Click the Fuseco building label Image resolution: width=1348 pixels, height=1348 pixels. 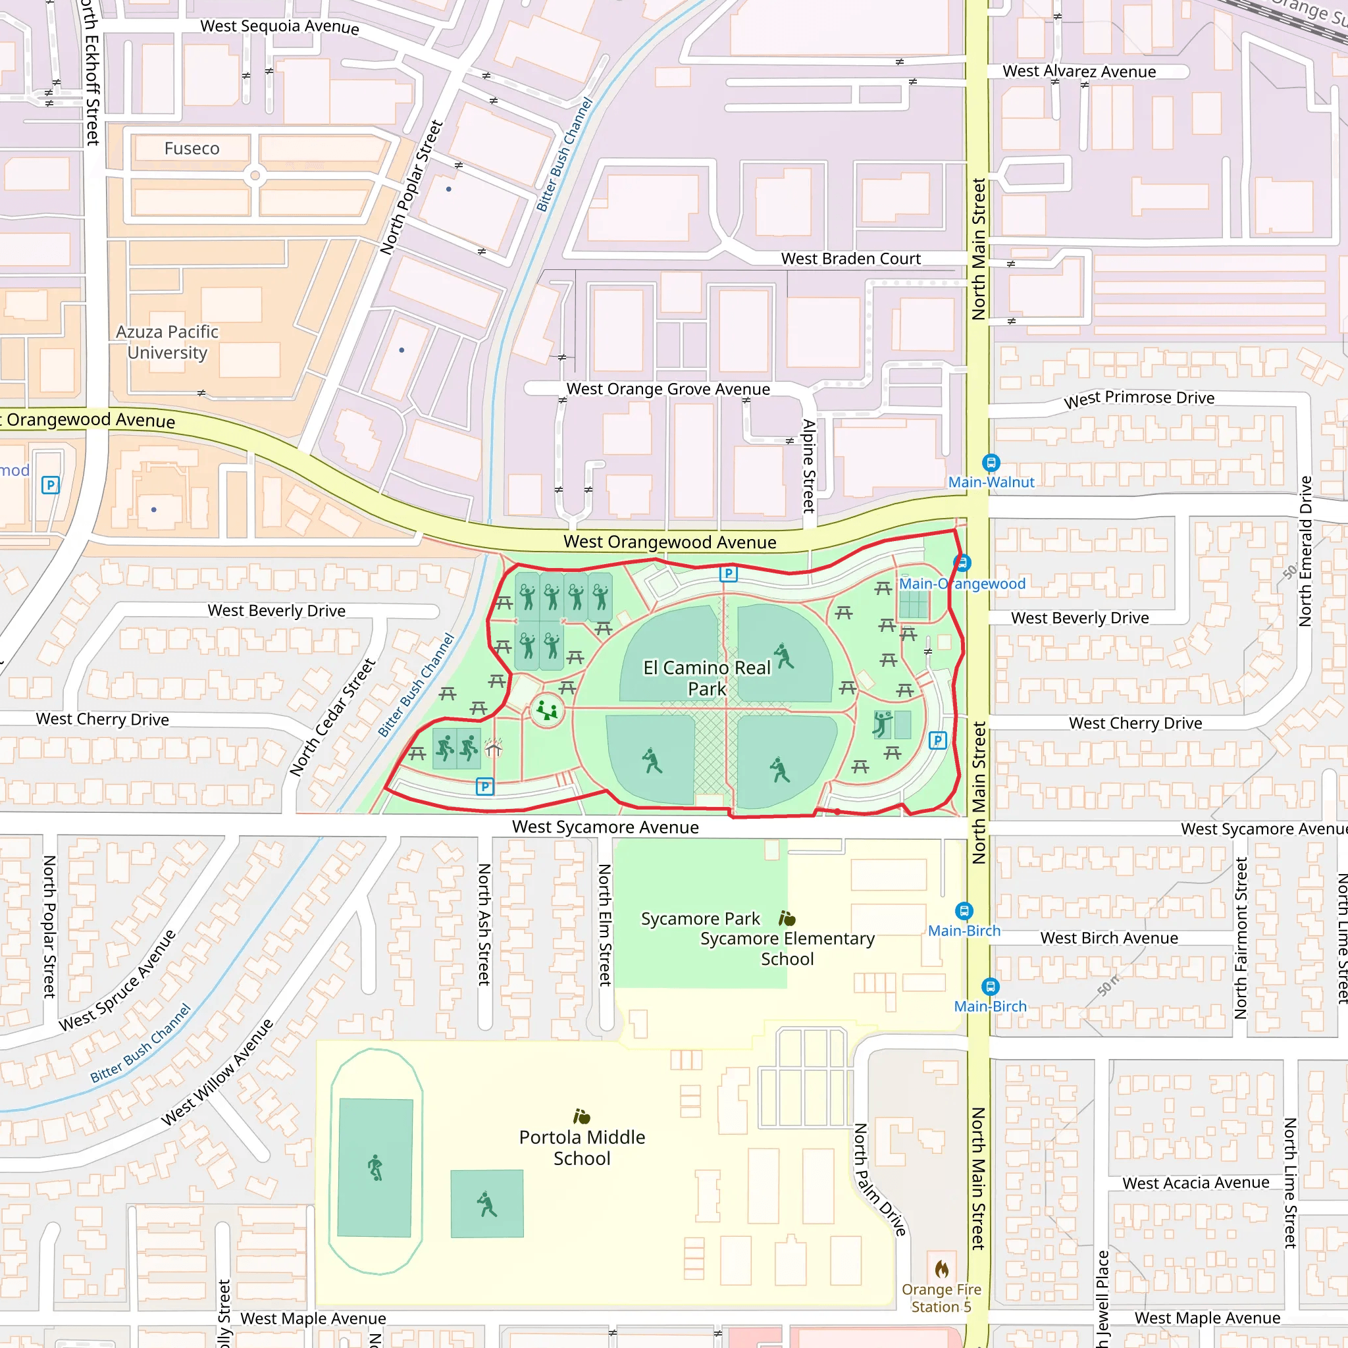(192, 149)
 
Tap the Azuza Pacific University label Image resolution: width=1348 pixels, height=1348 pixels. (167, 342)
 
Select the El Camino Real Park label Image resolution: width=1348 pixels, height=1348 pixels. (706, 678)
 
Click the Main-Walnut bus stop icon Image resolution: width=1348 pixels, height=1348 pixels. (991, 463)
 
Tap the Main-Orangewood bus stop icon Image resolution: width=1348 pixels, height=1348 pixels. (962, 562)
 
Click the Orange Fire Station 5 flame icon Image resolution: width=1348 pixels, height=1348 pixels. (941, 1268)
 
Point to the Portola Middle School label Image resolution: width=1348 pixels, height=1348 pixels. (582, 1148)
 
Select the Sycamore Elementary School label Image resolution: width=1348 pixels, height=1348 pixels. (787, 949)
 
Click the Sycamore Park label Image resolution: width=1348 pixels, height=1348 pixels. (700, 919)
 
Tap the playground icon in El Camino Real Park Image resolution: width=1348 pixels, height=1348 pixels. (547, 711)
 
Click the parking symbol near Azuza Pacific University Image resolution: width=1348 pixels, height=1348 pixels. (50, 485)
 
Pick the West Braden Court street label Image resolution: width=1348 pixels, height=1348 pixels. (850, 259)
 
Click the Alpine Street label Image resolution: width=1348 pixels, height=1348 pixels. (809, 465)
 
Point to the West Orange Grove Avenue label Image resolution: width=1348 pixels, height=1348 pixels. (667, 390)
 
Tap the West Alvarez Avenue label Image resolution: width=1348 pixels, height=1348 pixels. (1079, 72)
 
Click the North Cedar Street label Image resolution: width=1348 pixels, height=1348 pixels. (333, 717)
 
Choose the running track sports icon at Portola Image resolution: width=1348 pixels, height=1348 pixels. (375, 1167)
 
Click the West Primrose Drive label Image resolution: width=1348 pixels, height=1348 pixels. (1139, 398)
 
